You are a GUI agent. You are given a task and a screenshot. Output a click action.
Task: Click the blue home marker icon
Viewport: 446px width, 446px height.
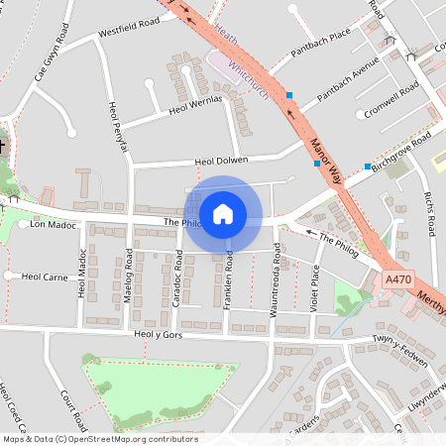coord(223,213)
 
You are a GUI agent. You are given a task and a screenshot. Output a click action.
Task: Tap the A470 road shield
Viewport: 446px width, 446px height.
coord(397,281)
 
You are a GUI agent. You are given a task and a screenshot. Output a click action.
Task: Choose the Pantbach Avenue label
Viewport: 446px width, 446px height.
coord(350,84)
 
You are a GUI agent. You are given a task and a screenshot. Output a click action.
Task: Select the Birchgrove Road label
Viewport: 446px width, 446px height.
coord(402,151)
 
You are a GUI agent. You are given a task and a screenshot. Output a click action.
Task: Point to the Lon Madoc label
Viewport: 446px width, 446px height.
coord(53,225)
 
